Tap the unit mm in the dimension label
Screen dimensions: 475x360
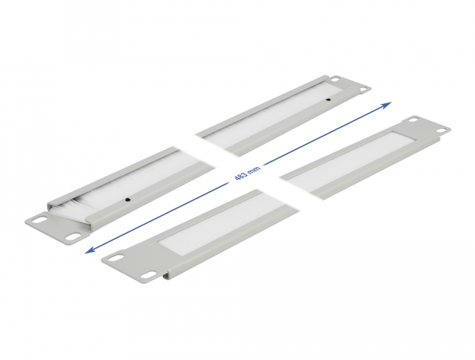pyautogui.click(x=254, y=170)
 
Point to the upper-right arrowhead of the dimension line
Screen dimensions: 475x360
pyautogui.click(x=386, y=105)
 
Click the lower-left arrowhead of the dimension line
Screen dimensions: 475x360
pyautogui.click(x=90, y=250)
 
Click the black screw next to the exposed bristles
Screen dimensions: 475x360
pyautogui.click(x=128, y=200)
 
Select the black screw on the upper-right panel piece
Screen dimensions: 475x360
pyautogui.click(x=328, y=99)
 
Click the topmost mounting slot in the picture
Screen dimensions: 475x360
pyautogui.click(x=335, y=79)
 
